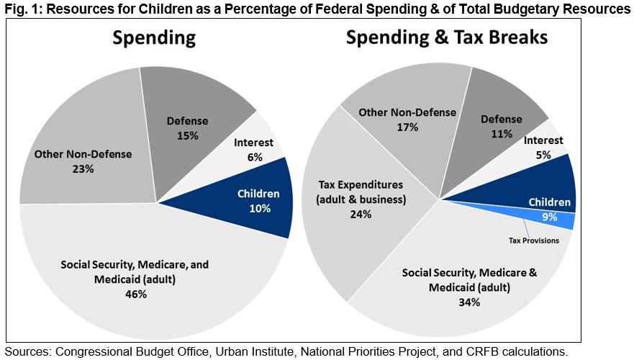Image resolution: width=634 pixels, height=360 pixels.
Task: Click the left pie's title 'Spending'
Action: (154, 38)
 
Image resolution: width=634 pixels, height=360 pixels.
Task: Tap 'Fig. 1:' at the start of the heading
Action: (21, 9)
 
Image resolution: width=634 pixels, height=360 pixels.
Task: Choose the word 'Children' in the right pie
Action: (549, 202)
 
